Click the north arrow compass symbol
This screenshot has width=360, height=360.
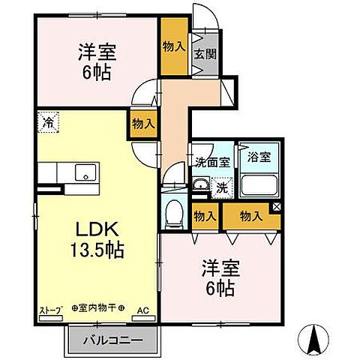(x=317, y=343)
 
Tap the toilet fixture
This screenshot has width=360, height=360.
(x=175, y=214)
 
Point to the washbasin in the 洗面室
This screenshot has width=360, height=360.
(x=200, y=185)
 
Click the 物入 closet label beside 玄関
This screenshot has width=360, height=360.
(x=173, y=46)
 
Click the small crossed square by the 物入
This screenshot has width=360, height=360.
(x=277, y=207)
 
